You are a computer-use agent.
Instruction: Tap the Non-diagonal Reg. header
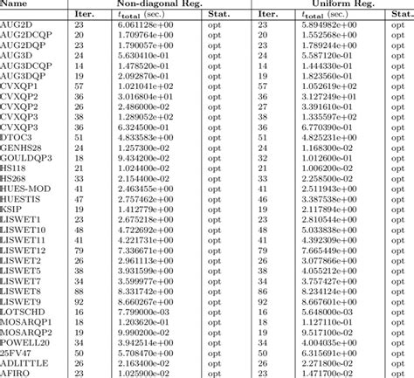point(143,4)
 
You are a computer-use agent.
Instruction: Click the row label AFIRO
point(14,372)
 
